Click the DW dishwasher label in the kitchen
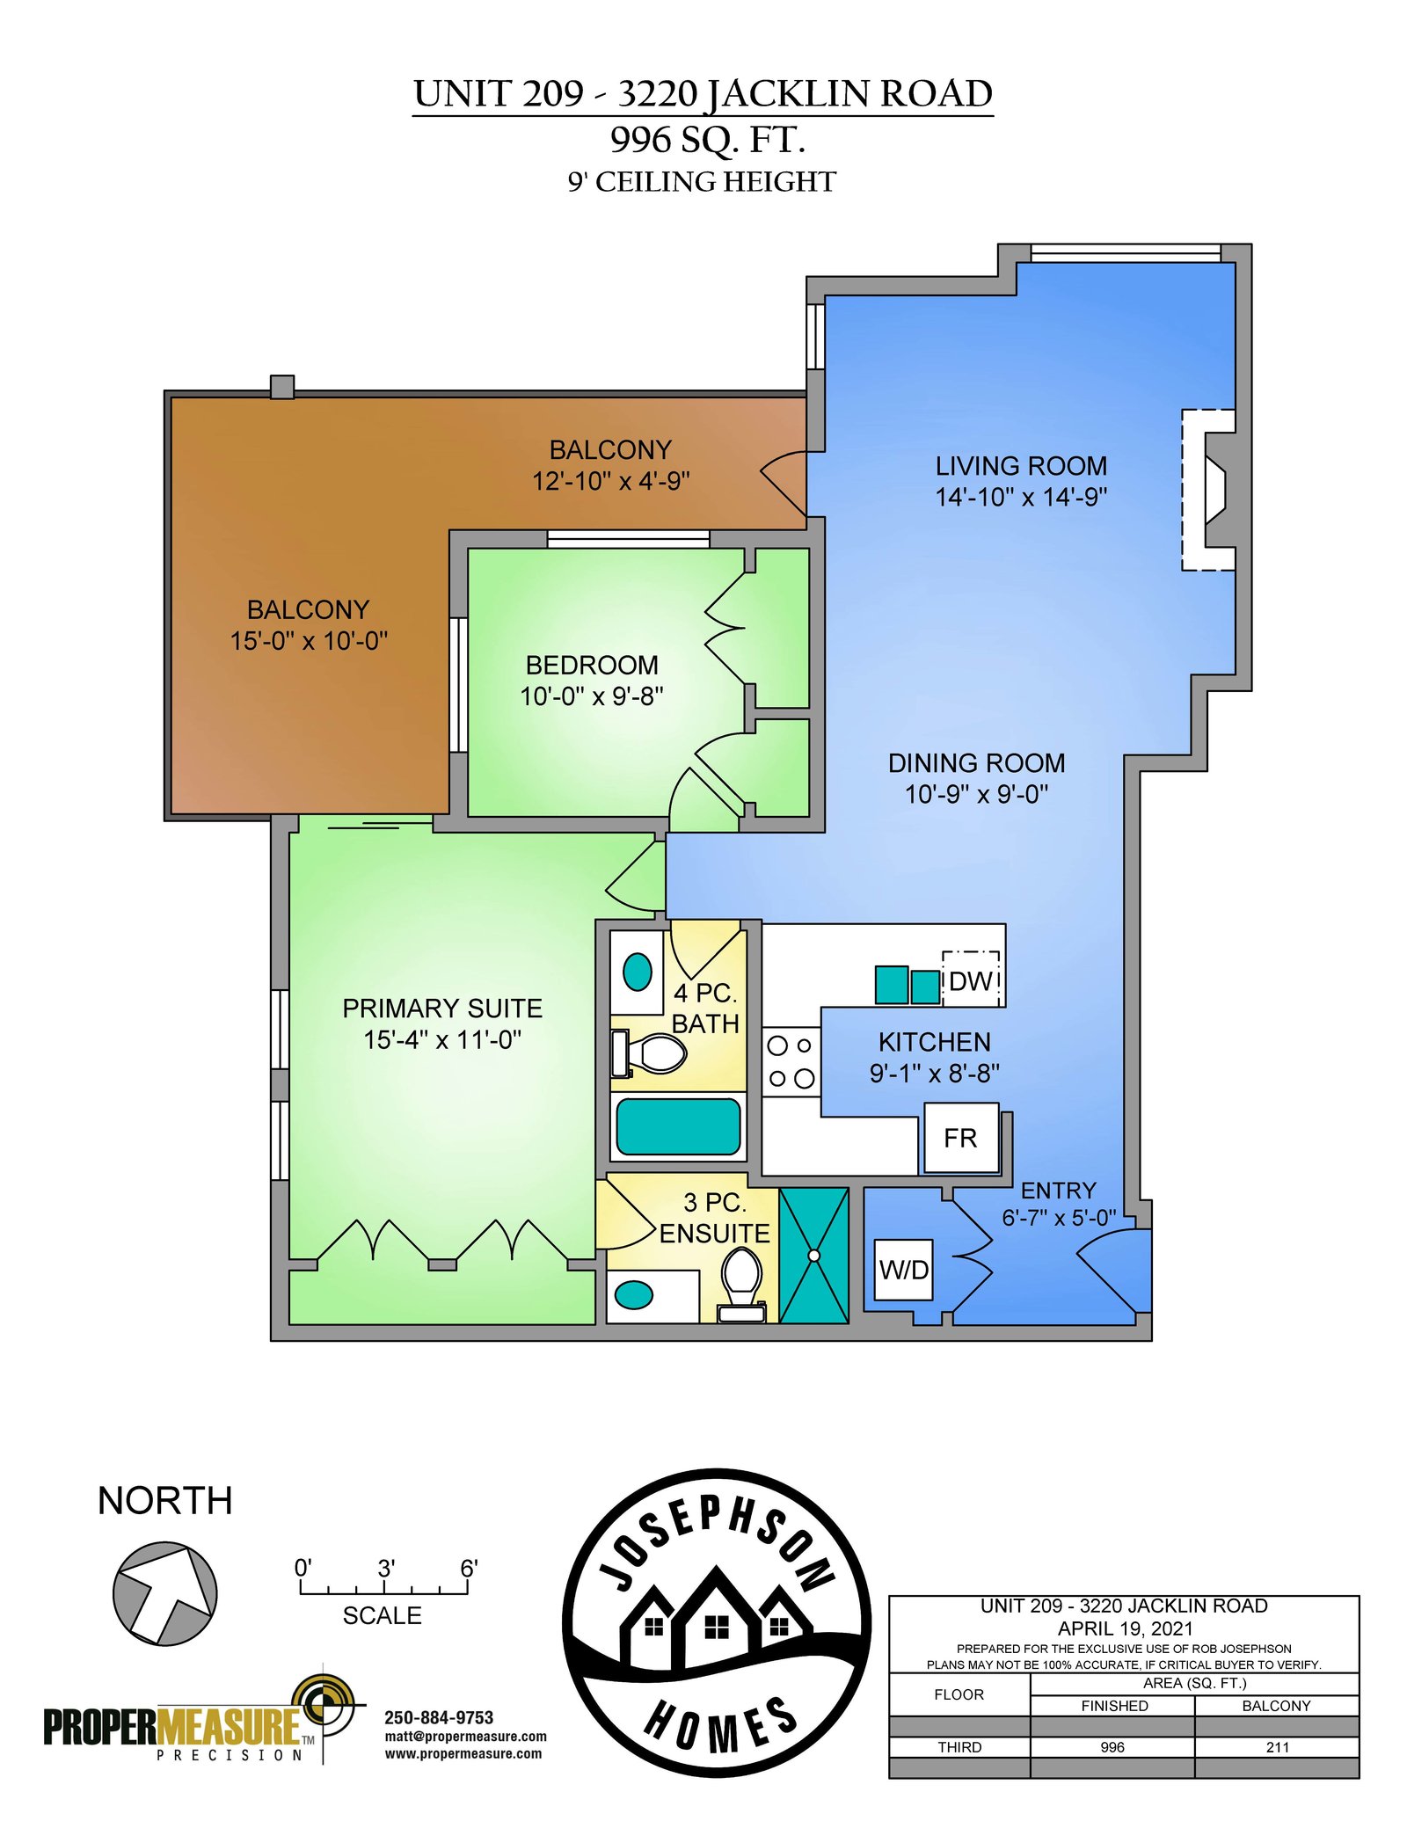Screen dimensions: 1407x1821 click(971, 980)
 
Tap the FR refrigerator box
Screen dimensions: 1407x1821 click(960, 1138)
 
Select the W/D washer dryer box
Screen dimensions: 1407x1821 click(903, 1270)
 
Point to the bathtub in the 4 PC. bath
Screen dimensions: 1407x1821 click(678, 1126)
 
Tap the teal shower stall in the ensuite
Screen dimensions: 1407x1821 click(813, 1256)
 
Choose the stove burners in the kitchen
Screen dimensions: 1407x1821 click(791, 1062)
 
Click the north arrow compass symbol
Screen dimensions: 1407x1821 click(164, 1593)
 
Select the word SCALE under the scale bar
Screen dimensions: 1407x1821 click(382, 1615)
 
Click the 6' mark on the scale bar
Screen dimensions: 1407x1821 click(469, 1569)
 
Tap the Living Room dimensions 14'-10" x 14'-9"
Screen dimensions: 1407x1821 click(1021, 497)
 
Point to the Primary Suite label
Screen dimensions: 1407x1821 click(442, 1008)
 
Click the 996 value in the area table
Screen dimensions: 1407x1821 click(1112, 1747)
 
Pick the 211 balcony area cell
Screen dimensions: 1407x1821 click(1277, 1747)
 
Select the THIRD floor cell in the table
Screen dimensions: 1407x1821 click(959, 1747)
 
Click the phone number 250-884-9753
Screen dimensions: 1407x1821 click(439, 1717)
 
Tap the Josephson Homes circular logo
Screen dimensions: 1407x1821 click(717, 1622)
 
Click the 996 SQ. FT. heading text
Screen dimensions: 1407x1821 click(708, 139)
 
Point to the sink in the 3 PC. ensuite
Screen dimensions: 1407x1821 click(633, 1294)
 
